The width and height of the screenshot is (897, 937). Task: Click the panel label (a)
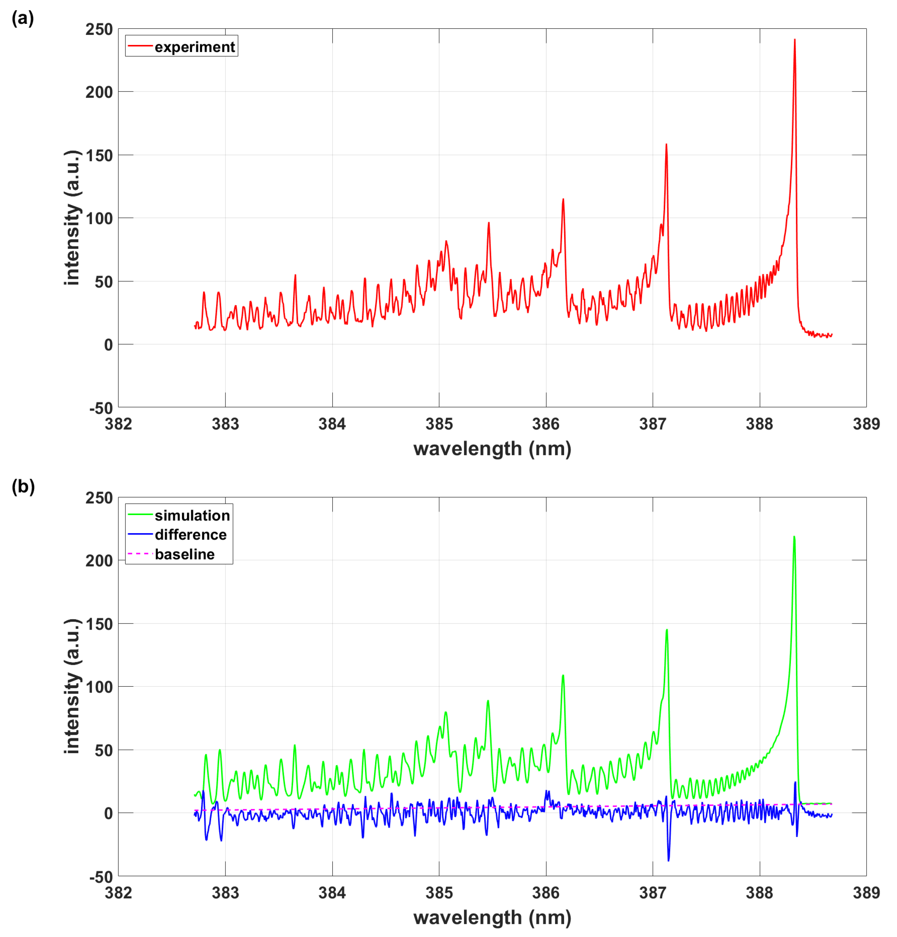click(23, 19)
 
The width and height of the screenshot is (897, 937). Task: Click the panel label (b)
click(23, 487)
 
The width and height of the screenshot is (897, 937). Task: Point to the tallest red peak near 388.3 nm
click(794, 40)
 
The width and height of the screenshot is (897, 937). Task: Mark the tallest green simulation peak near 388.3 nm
click(794, 537)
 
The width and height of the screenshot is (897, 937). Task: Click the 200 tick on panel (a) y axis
click(99, 92)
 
